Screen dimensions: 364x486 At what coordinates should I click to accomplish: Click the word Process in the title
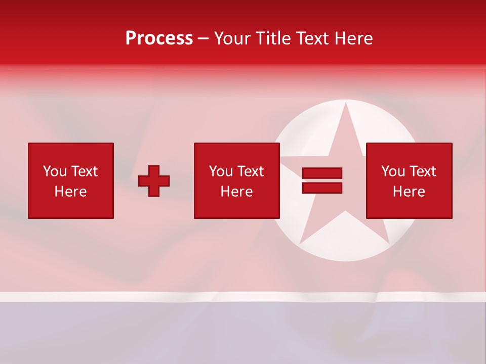coord(159,38)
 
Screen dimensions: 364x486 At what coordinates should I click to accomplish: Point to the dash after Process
coord(204,39)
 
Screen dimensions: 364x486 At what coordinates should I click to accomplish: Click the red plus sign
coord(154,181)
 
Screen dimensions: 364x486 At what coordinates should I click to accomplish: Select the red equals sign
coord(322,180)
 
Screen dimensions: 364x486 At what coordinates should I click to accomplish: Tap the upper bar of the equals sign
coord(322,173)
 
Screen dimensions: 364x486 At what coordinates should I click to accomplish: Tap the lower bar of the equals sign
coord(322,188)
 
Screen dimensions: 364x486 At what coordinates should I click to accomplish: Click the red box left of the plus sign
coord(71,180)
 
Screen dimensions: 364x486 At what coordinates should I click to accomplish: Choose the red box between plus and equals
coord(237,180)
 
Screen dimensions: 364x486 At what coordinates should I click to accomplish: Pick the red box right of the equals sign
coord(409,180)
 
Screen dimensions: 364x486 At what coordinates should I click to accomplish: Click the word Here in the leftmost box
coord(71,192)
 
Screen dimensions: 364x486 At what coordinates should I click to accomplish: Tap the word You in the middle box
coord(221,171)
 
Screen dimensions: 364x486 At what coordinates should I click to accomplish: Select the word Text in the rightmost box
coord(422,171)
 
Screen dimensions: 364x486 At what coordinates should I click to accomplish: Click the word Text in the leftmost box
coord(84,171)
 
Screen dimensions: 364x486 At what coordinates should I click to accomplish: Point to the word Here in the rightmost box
coord(409,192)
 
